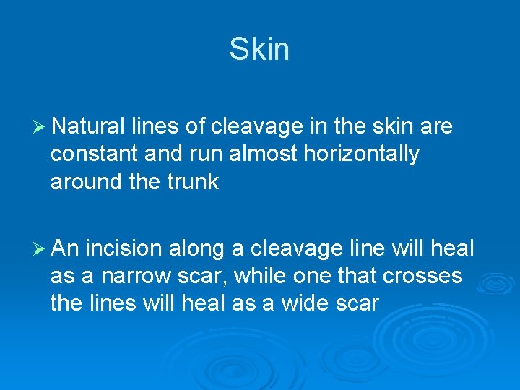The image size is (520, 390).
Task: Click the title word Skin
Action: tap(259, 50)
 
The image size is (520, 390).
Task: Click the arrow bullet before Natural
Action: tap(40, 128)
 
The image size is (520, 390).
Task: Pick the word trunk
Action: tap(193, 181)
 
